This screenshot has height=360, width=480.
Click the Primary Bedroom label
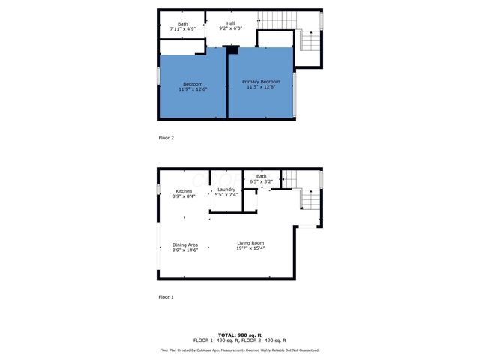coord(261,81)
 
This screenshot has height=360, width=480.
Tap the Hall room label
coord(231,23)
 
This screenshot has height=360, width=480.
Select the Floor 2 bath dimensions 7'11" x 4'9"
coord(183,28)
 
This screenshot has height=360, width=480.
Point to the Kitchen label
coord(184,191)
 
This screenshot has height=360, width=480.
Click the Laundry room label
coord(226,190)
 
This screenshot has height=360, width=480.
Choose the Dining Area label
coord(184,244)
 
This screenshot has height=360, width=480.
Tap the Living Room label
coord(250,242)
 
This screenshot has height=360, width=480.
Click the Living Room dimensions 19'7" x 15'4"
coord(250,248)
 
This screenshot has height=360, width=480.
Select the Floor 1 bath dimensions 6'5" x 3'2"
coord(261,181)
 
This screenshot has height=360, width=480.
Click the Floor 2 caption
coord(166,138)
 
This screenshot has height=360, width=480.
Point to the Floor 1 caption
coord(166,297)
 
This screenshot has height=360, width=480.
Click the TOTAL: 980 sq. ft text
coord(239,334)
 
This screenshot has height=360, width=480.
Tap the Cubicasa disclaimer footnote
coord(239,350)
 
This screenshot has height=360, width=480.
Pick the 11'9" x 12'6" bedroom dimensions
coord(193,89)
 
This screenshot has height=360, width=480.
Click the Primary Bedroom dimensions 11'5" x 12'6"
coord(261,87)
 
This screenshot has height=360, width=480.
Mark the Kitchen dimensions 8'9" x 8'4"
coord(184,196)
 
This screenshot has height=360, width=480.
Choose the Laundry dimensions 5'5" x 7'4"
coord(226,195)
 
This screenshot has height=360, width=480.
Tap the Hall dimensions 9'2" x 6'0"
coord(231,28)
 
